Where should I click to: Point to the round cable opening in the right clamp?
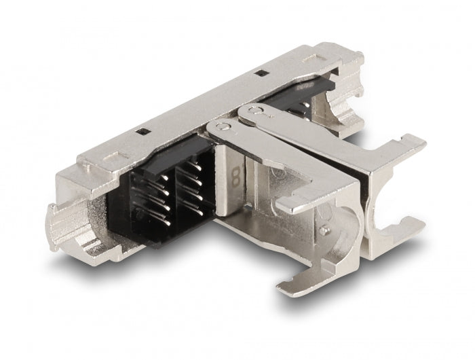point(390,183)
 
